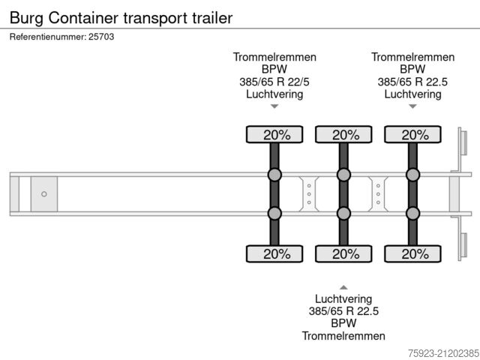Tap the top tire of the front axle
[274, 135]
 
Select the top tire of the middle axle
[343, 135]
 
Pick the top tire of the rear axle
[412, 135]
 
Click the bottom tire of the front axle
[274, 254]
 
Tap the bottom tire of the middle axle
[343, 254]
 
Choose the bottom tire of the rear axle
[412, 254]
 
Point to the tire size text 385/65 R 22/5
[274, 82]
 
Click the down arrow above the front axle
[274, 106]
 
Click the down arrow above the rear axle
[412, 106]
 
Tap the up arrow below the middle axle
[343, 286]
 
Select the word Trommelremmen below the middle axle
[343, 336]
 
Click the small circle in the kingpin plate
[44, 194]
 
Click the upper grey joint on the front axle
[274, 175]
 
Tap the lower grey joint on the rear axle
[412, 214]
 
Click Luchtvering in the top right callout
[412, 94]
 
